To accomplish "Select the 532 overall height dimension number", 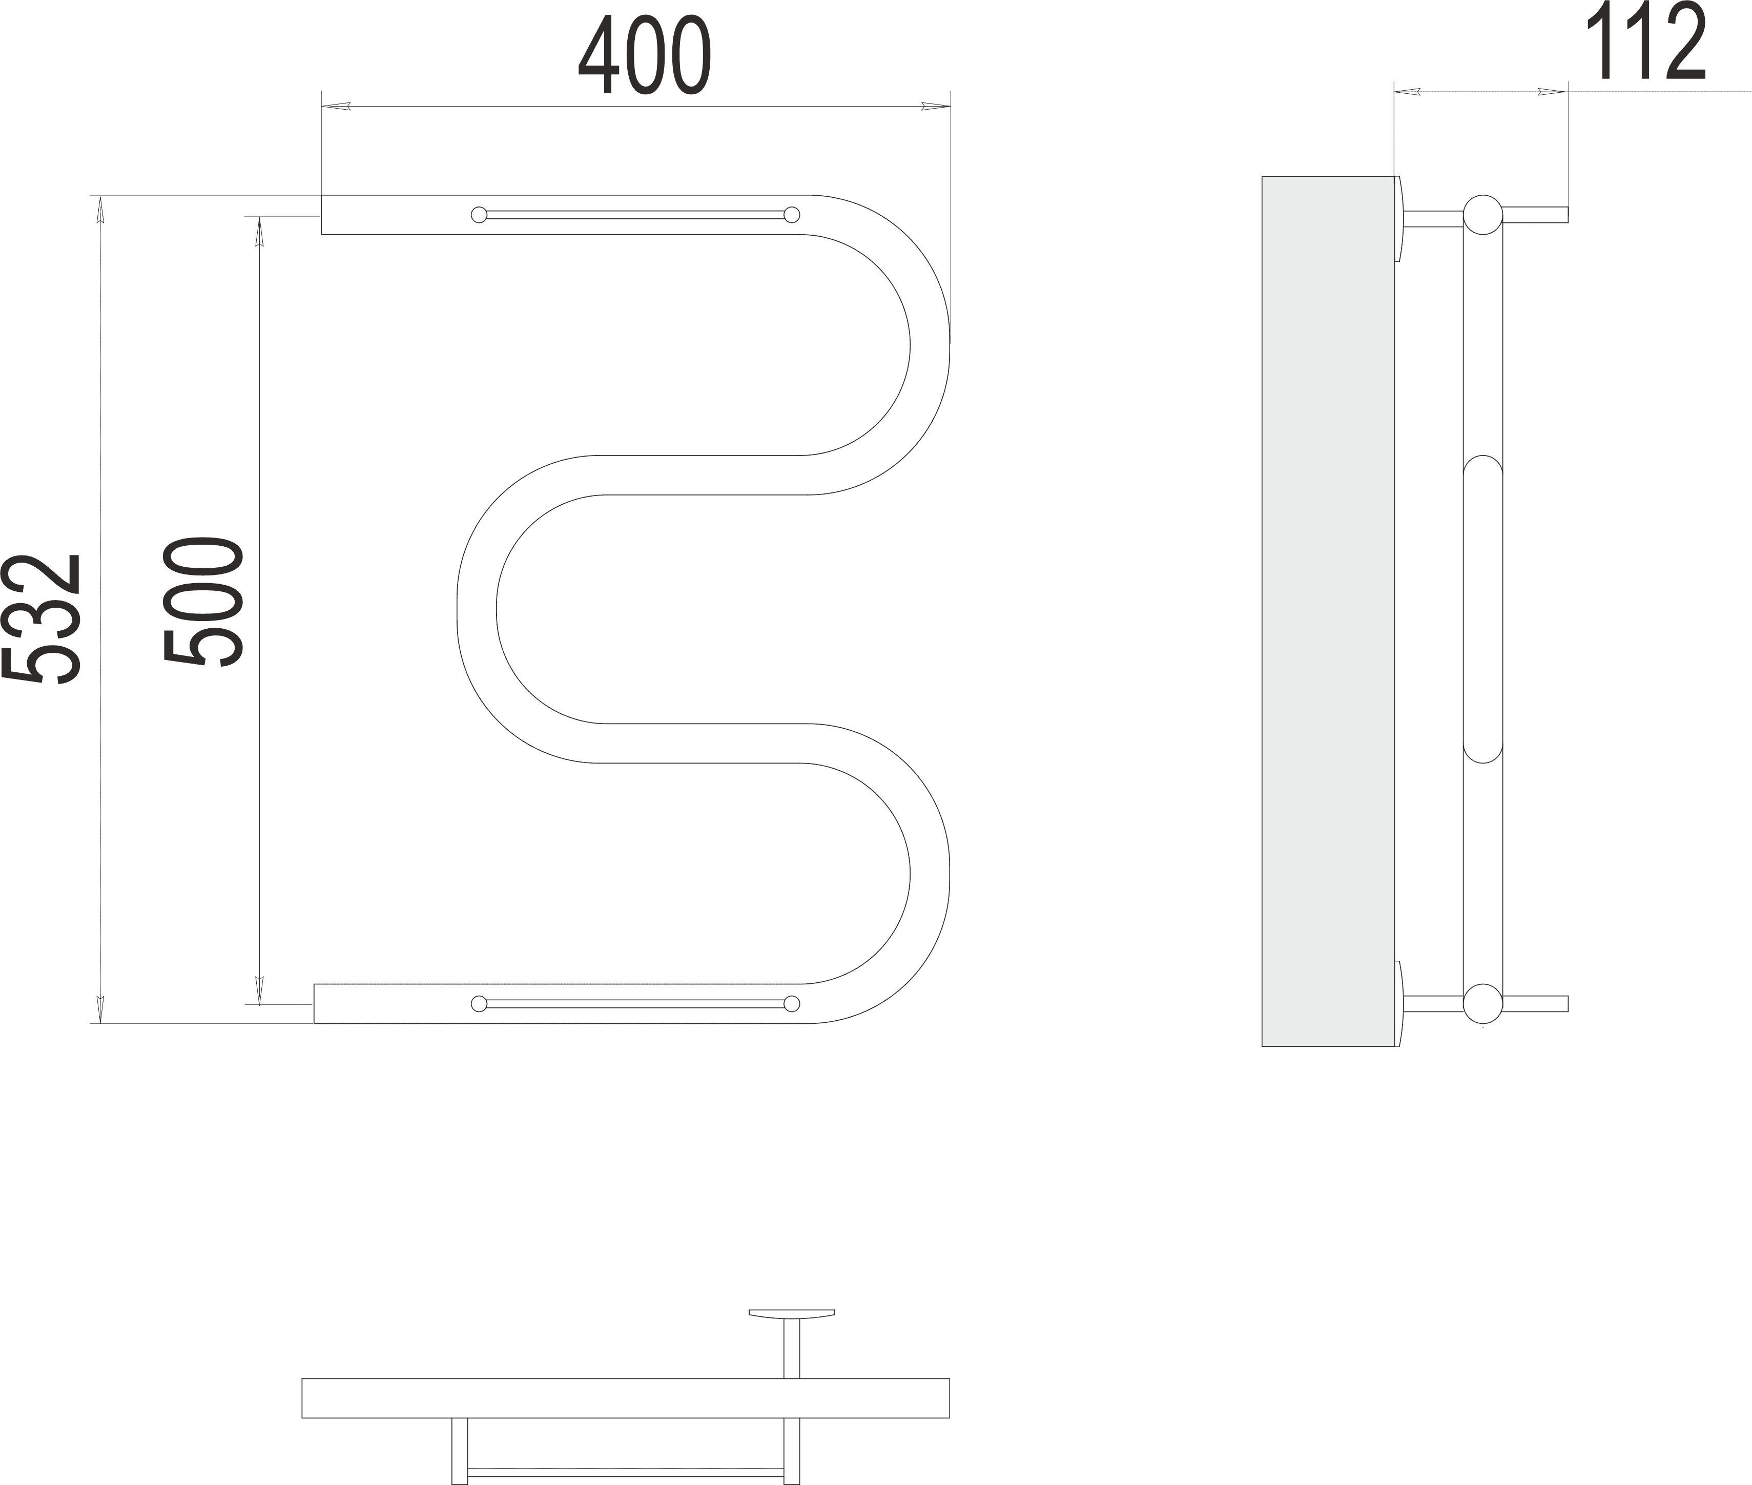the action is (x=42, y=619).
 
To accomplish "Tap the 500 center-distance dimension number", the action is (x=203, y=601).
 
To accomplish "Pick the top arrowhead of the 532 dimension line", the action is (x=100, y=209).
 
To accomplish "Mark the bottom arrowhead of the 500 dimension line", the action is (x=259, y=990).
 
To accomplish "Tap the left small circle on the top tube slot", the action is (x=479, y=215).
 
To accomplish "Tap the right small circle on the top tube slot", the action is (x=791, y=215).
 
